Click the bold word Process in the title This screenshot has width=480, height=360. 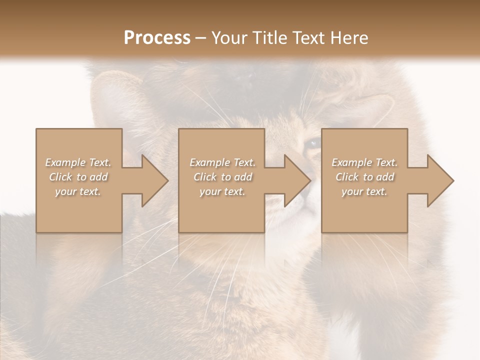157,38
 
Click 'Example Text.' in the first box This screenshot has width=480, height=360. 78,162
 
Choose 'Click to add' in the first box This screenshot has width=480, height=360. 78,177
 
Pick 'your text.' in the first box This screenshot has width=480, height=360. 78,191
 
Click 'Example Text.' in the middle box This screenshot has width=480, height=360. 222,162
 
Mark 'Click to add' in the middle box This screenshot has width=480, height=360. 222,177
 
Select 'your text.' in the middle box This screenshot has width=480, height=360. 222,191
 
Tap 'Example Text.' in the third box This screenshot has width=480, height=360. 364,162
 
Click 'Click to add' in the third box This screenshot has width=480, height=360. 364,177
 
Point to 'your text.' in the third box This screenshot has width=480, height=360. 364,191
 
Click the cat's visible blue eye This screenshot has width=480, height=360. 313,144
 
